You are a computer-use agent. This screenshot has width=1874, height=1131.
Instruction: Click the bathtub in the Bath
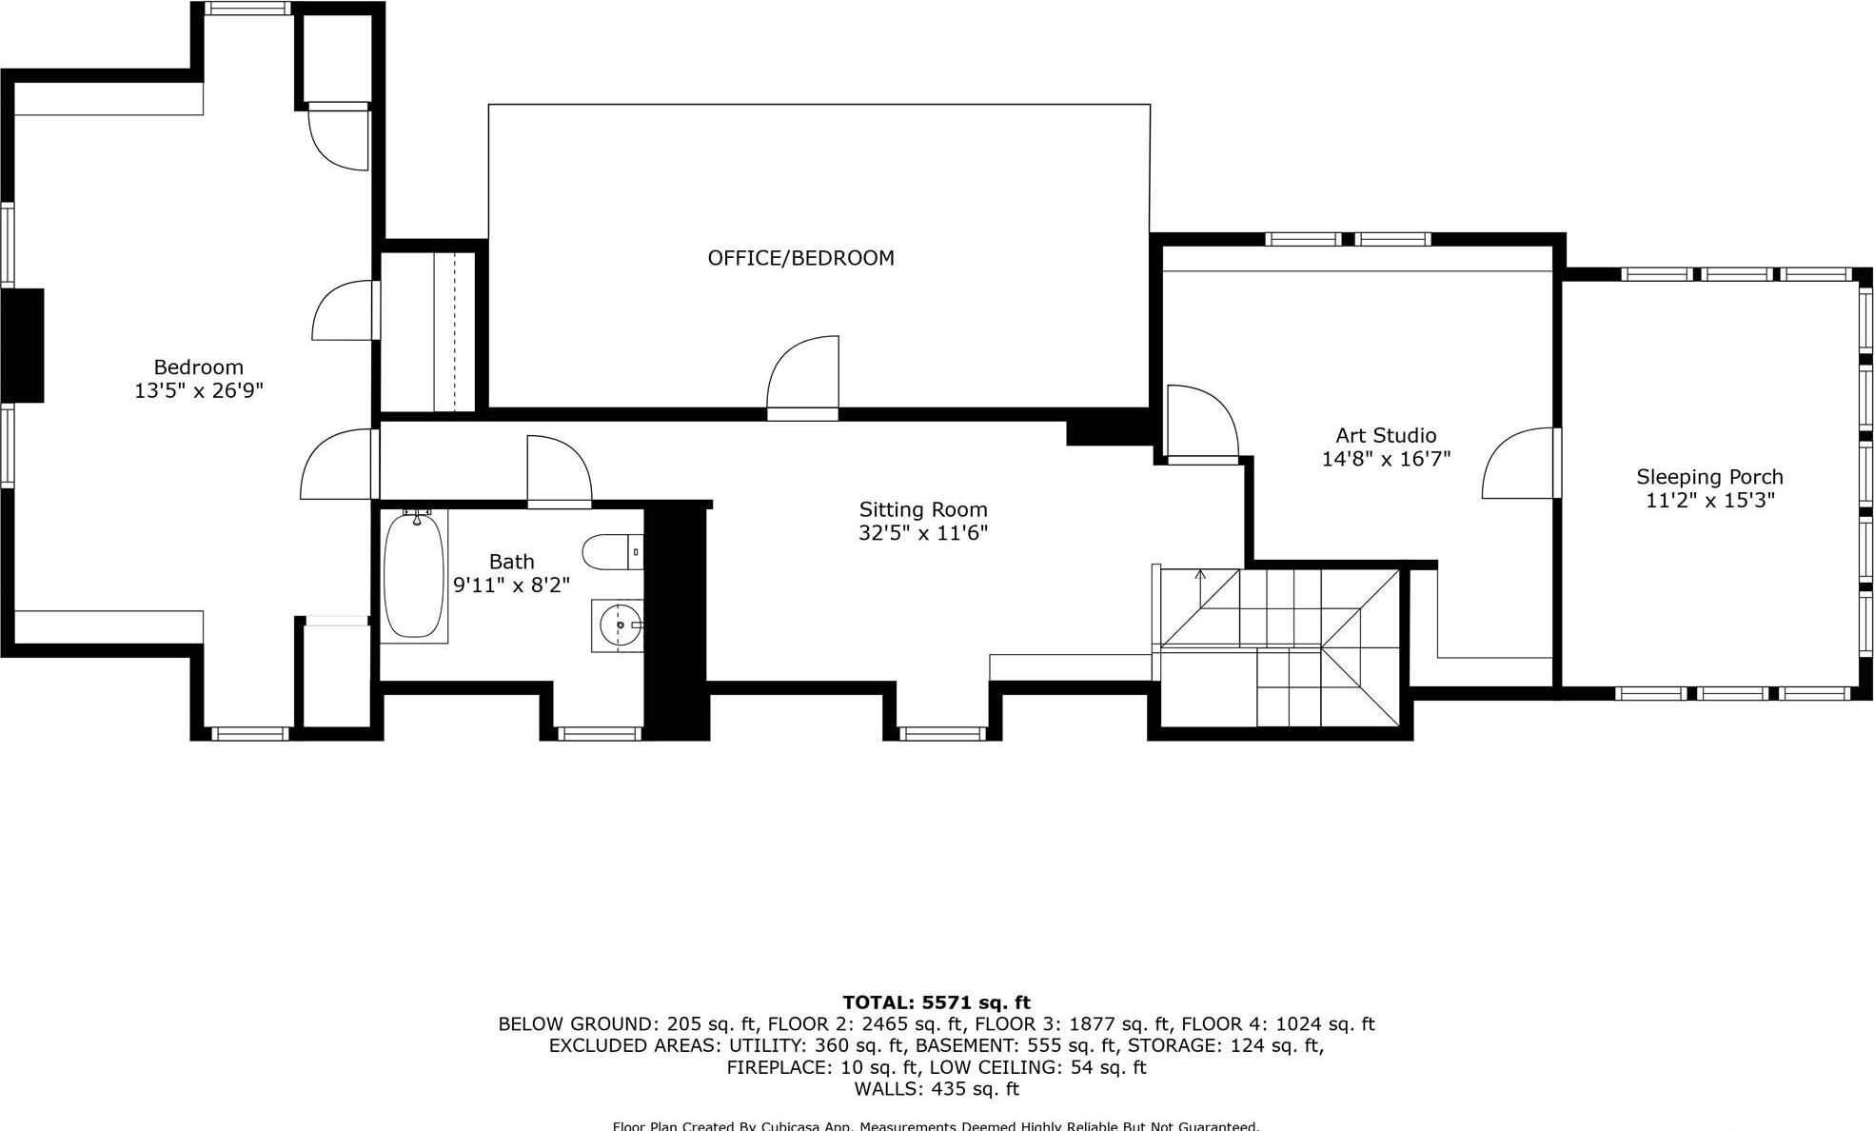point(414,577)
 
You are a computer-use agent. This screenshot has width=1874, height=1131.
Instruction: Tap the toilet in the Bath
point(612,552)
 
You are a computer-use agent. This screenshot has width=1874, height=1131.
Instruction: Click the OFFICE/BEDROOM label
point(800,258)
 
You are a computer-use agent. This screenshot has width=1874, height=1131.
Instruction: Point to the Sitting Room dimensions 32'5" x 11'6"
point(922,533)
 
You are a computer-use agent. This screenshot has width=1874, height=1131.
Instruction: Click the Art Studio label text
point(1385,436)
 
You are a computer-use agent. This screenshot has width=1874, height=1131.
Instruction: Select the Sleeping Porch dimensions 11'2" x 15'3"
point(1709,501)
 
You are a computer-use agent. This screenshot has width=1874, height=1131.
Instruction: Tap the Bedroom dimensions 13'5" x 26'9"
point(198,390)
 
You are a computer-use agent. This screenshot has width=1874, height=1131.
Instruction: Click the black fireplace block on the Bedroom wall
point(23,346)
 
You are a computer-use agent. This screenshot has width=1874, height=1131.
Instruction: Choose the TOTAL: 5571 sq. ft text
point(936,1002)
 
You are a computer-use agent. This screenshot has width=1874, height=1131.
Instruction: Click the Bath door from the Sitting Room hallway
point(559,471)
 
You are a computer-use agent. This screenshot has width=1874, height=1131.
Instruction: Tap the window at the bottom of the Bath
point(599,733)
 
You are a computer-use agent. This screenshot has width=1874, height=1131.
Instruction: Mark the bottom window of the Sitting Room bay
point(942,733)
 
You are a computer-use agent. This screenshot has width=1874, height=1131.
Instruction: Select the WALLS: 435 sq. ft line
point(936,1089)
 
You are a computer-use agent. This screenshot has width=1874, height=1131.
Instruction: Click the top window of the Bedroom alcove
point(248,9)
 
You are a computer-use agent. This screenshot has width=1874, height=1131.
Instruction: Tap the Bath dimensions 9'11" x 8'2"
point(511,585)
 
